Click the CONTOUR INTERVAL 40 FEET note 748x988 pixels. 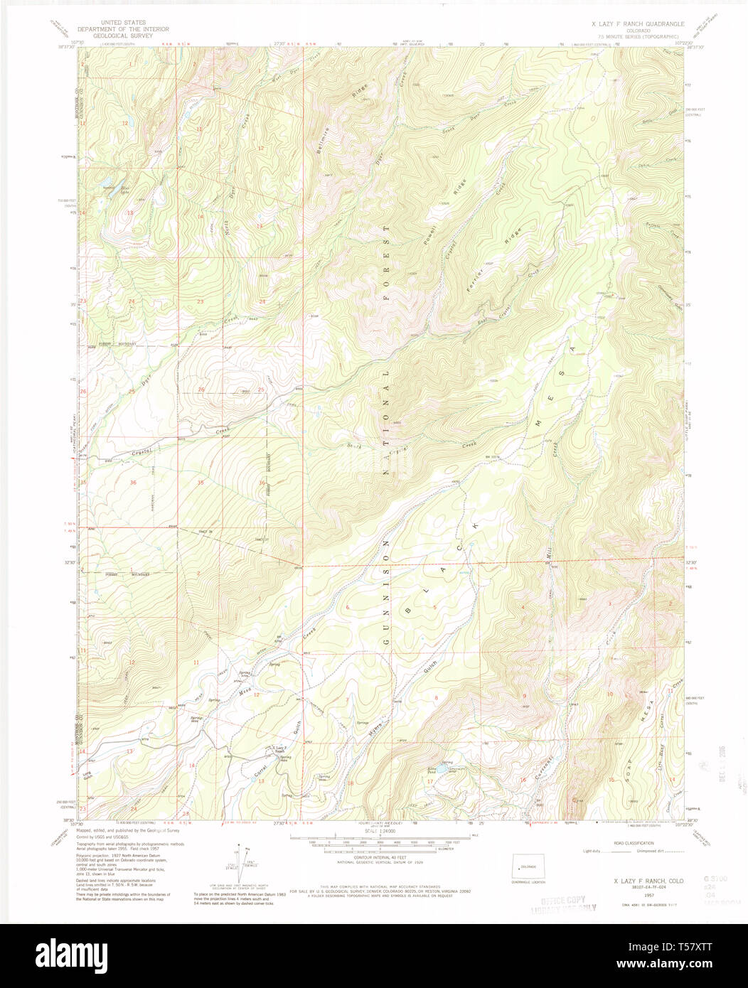pos(385,857)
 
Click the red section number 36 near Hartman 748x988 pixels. pos(133,483)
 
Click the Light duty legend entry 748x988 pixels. pos(592,851)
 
